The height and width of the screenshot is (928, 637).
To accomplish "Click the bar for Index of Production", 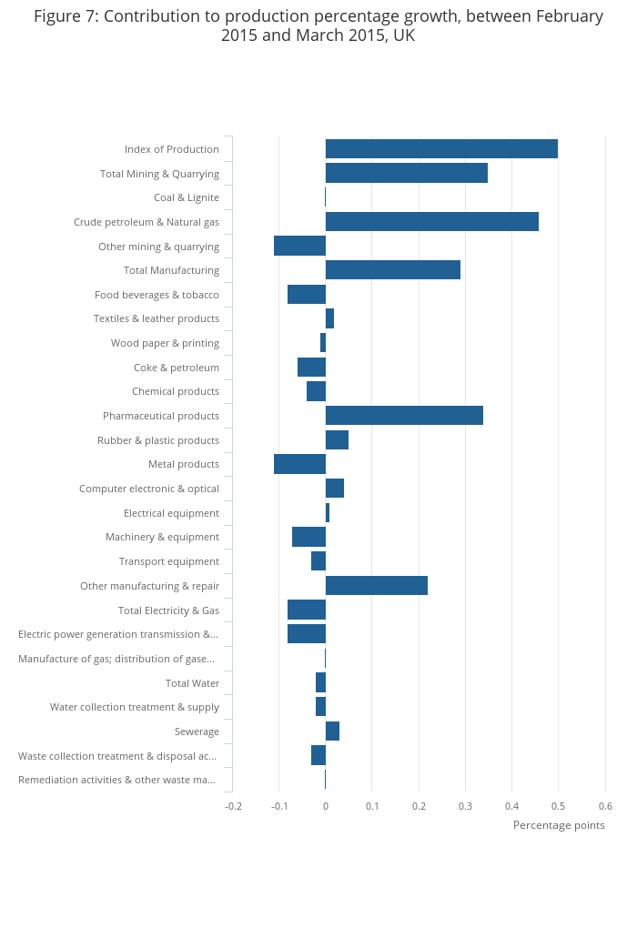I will click(x=441, y=149).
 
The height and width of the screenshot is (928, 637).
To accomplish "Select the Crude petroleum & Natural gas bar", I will click(x=431, y=222).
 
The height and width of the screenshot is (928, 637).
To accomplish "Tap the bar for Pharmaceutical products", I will click(x=404, y=416).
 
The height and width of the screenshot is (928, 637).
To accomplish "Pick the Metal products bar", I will click(x=299, y=464).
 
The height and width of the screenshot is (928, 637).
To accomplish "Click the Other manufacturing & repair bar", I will click(x=376, y=586).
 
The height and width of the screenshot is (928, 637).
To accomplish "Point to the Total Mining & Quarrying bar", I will click(x=406, y=173).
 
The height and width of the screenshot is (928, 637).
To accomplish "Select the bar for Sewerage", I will click(x=332, y=731).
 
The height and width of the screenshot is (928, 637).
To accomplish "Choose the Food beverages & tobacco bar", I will click(x=307, y=295).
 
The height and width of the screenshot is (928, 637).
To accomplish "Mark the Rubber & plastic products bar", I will click(x=337, y=440).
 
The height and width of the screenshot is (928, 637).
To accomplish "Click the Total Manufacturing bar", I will click(x=392, y=270).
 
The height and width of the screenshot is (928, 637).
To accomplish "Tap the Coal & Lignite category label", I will click(x=186, y=197).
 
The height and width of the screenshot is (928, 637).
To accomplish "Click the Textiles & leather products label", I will click(x=156, y=318).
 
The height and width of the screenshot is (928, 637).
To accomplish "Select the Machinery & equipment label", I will click(x=162, y=537).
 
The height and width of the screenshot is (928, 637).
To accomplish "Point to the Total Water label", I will click(x=192, y=683).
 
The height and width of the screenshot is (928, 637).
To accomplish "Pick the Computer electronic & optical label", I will click(x=149, y=489).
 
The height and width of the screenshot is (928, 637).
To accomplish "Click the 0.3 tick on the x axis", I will click(x=465, y=806).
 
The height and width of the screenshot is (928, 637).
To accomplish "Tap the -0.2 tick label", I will click(x=234, y=806).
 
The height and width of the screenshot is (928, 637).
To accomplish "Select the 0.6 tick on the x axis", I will click(x=605, y=806).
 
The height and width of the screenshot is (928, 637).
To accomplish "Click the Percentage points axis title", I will click(x=559, y=825).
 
